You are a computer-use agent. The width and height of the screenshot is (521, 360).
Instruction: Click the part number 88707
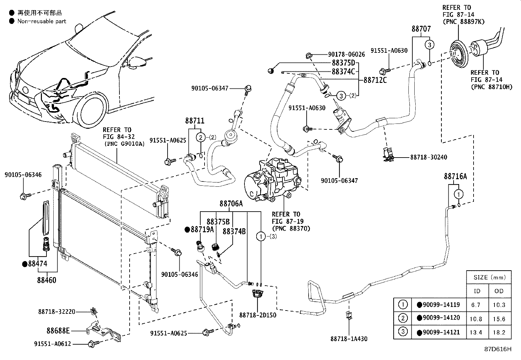pos(421,28)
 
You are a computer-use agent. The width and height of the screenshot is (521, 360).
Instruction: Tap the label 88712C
pos(375,80)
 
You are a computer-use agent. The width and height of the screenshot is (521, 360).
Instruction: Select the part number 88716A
pos(455,177)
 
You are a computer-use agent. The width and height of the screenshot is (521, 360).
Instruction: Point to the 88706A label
pos(231,204)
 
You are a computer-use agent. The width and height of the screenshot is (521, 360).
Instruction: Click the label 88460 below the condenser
pos(47,280)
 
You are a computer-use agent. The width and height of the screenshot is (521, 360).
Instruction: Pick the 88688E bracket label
pos(58,331)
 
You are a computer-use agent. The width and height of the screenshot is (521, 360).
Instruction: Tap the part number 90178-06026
pos(346,54)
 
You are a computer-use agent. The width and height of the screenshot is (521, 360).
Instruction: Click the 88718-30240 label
pos(428,158)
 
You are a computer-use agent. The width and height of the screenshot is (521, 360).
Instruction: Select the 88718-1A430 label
pos(349,339)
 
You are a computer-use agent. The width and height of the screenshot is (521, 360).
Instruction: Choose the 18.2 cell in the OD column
pos(499,332)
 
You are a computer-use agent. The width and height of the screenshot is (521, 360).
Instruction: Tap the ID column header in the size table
pos(477,291)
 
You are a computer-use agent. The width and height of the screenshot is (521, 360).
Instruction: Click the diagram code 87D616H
pos(498,349)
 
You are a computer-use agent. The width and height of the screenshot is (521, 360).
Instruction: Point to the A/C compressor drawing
pos(272,179)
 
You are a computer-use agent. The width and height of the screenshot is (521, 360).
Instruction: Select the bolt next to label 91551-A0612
pos(93,344)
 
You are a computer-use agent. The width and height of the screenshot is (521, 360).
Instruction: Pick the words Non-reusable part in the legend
pos(42,21)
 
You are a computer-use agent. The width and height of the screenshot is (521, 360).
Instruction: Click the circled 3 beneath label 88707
pos(429,45)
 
